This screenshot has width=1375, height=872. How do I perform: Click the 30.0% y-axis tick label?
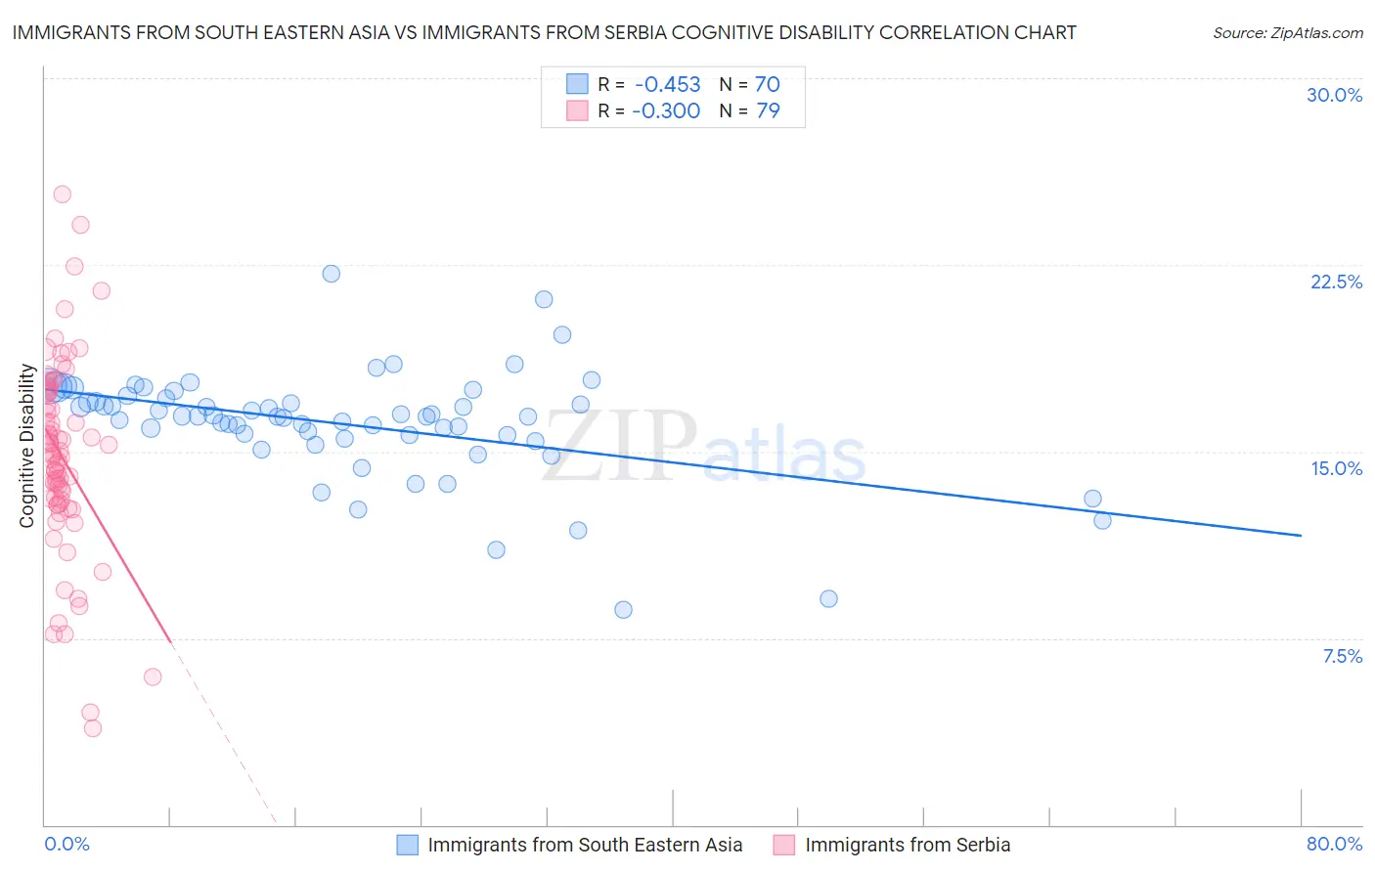(x=1334, y=95)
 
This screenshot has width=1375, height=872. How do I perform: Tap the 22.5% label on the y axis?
(x=1336, y=282)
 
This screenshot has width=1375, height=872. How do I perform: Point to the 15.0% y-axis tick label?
(x=1336, y=468)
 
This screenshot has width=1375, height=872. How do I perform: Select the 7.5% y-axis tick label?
(x=1342, y=656)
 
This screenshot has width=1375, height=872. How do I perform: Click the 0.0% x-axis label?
(x=67, y=844)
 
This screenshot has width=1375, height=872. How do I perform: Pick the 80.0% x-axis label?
(x=1334, y=844)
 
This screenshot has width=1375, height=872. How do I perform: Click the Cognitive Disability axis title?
(x=27, y=446)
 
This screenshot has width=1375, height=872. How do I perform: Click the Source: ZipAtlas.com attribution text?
(x=1287, y=32)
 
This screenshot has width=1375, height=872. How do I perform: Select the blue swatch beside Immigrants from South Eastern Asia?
(x=408, y=845)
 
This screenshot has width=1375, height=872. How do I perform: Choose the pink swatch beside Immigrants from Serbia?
(x=784, y=845)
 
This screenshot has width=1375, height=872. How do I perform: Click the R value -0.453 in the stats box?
(x=667, y=85)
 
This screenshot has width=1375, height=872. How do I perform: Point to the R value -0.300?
(x=666, y=111)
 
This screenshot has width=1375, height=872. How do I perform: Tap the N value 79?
(x=768, y=111)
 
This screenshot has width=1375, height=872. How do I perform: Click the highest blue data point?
(x=332, y=274)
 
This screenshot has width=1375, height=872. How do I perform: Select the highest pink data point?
(x=62, y=195)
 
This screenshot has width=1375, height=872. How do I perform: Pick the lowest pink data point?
(x=93, y=728)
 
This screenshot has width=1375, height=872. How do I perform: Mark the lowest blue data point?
(x=623, y=610)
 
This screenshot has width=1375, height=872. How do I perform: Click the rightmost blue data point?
(x=1102, y=520)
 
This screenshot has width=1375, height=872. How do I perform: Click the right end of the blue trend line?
(x=1301, y=536)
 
